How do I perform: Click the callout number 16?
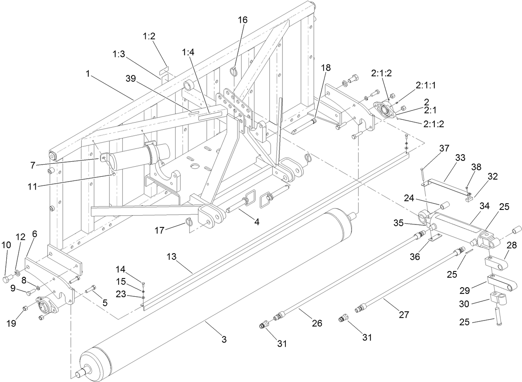242,20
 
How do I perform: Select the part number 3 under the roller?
224,340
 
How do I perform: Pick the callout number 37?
444,148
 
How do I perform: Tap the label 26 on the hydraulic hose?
317,323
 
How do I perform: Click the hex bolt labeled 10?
8,280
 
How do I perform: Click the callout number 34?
484,205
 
